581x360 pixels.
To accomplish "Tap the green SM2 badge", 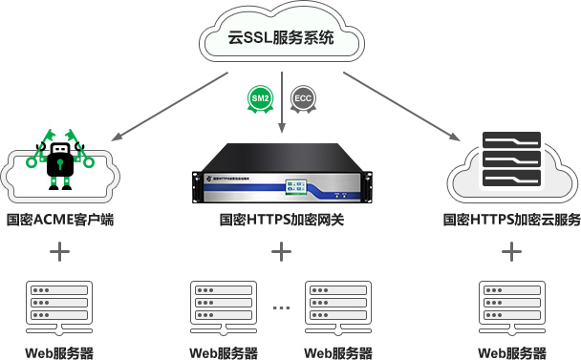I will (260, 98).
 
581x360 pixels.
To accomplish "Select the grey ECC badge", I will (302, 98).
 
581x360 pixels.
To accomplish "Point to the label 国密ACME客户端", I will (59, 220).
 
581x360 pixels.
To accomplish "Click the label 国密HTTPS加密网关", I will (281, 220).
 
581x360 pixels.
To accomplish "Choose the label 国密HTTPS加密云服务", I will (512, 220).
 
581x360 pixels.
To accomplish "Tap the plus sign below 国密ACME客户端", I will (59, 252).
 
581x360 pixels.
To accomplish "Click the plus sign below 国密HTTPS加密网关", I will (281, 252).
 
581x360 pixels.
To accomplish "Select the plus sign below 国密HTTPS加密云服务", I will (512, 252).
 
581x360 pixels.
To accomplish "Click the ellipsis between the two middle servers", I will (281, 307).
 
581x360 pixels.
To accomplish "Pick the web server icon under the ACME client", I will (59, 306).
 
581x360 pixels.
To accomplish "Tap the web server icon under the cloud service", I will (512, 306).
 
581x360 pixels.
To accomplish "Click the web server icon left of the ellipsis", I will (223, 306).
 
